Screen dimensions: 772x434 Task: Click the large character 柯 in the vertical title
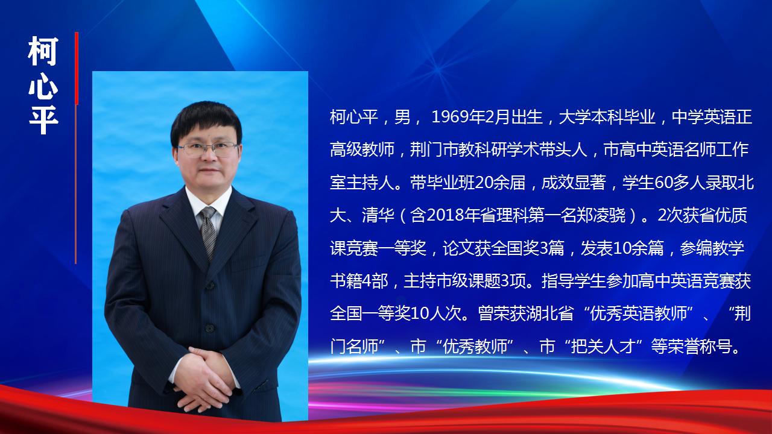click(43, 51)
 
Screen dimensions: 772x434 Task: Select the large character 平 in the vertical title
click(43, 119)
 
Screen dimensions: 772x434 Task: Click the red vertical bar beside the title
click(77, 68)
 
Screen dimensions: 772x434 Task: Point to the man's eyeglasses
click(208, 149)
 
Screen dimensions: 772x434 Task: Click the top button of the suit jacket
click(209, 285)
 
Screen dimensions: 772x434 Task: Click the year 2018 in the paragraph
click(445, 215)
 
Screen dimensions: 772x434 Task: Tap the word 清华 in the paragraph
click(378, 215)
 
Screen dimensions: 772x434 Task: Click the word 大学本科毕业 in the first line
click(607, 117)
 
